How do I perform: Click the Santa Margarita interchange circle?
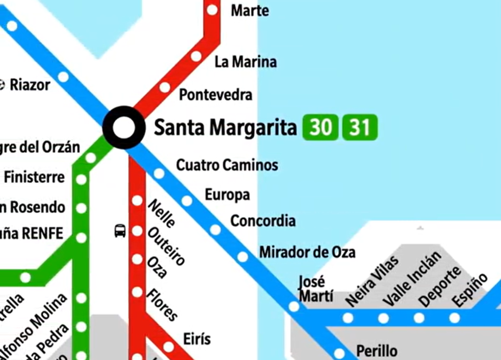tap(124, 127)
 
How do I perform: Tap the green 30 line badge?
tap(320, 127)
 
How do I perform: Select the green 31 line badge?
tap(359, 127)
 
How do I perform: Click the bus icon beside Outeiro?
tap(120, 231)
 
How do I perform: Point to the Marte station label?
tap(250, 10)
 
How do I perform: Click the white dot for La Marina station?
tap(196, 56)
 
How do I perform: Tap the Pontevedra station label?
tap(215, 95)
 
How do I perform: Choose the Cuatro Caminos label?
tap(227, 165)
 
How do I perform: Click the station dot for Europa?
tap(187, 201)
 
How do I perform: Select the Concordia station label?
tap(263, 221)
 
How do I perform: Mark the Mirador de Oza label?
tap(307, 252)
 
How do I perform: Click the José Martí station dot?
tap(294, 307)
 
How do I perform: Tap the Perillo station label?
tap(377, 351)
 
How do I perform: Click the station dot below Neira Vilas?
tap(347, 318)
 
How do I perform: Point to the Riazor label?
tap(30, 85)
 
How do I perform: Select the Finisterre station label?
tap(34, 178)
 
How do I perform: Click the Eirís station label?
tap(197, 339)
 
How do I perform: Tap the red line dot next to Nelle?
tap(137, 201)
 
